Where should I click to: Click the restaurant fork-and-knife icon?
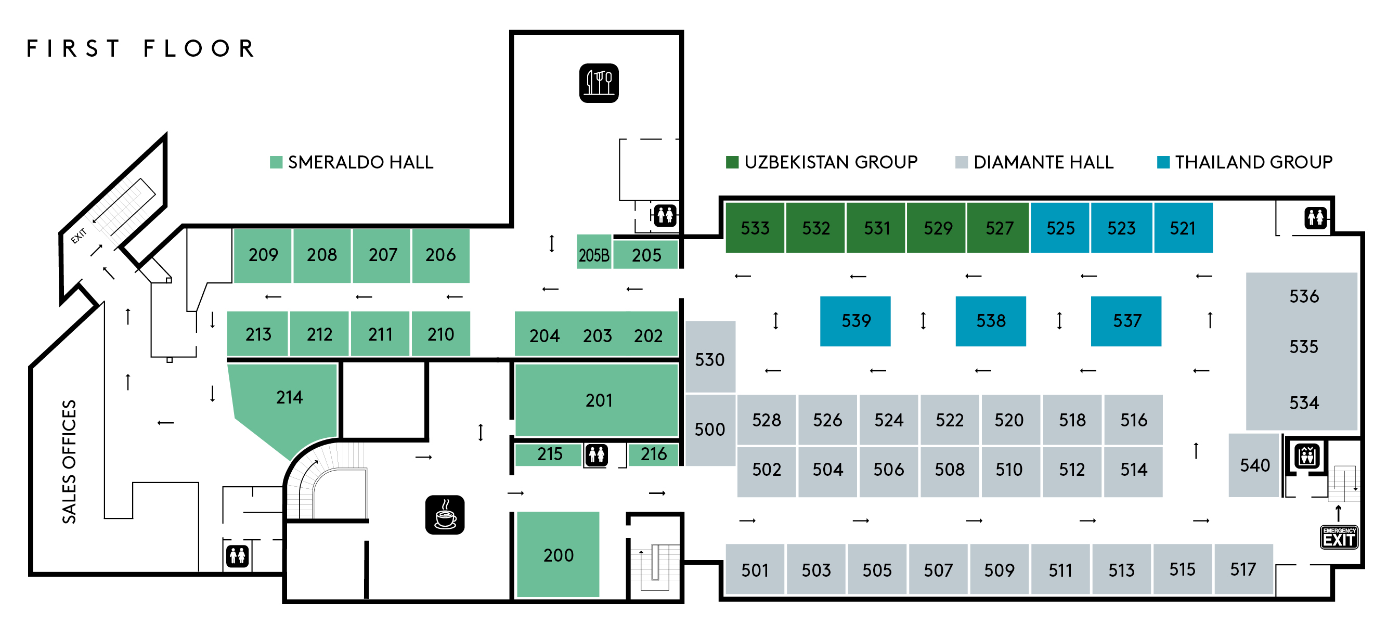(x=599, y=83)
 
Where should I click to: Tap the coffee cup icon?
(x=445, y=515)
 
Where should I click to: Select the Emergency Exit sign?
(x=1339, y=537)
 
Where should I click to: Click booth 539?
(x=855, y=321)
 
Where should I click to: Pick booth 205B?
(x=594, y=252)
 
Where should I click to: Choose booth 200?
(x=558, y=554)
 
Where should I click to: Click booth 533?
(x=755, y=228)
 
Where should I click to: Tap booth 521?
(x=1183, y=228)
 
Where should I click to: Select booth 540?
(x=1253, y=465)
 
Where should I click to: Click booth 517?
(x=1243, y=569)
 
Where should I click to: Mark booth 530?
(x=710, y=356)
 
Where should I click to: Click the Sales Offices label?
(x=69, y=461)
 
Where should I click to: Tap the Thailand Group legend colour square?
(x=1163, y=162)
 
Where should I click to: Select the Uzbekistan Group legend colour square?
(x=732, y=162)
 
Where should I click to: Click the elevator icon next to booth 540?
(x=1307, y=457)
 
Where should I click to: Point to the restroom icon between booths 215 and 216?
(x=597, y=455)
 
